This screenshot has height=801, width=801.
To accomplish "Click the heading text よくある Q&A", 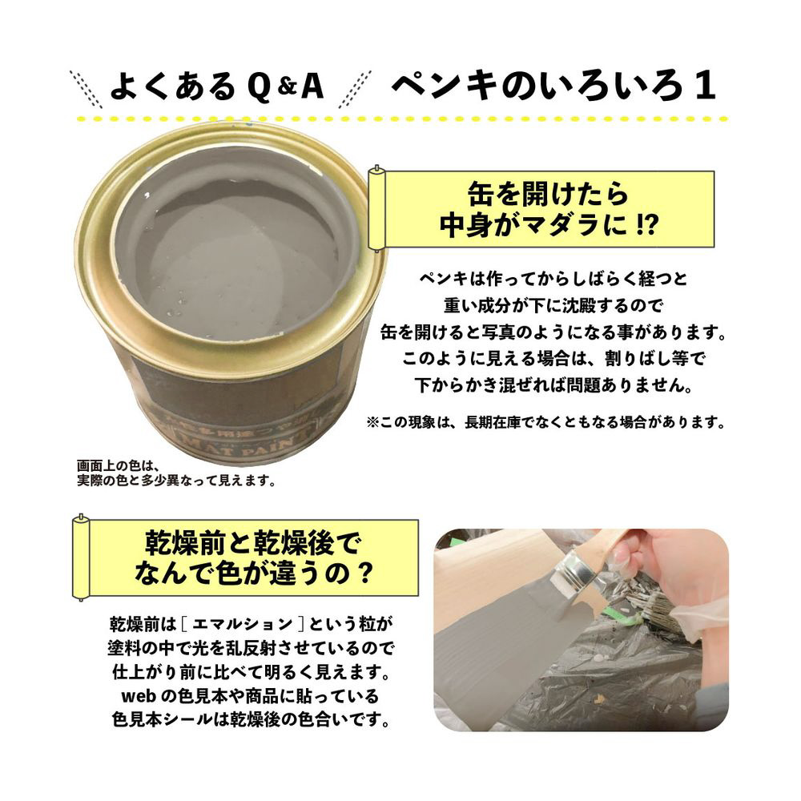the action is pos(217,87).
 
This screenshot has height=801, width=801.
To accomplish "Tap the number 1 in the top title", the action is pos(704,86).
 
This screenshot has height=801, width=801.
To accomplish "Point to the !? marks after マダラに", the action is pos(646,225).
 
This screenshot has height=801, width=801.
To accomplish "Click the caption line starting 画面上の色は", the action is pos(115,466).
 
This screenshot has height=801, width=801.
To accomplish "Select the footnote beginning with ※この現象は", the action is pos(546,422).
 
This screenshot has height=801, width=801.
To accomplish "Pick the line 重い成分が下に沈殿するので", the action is pos(553,305).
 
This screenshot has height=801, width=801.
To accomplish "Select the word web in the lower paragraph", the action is pos(139,696).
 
